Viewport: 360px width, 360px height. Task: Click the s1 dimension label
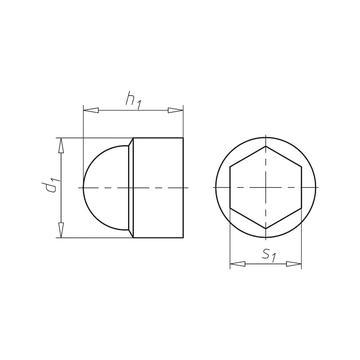268,255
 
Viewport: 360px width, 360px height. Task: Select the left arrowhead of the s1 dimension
237,264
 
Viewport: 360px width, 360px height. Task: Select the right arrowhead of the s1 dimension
294,264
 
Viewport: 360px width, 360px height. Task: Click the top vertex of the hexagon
265,146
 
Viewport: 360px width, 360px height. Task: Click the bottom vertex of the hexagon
265,229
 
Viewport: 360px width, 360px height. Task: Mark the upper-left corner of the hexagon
230,167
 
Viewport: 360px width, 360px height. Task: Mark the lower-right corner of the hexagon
301,208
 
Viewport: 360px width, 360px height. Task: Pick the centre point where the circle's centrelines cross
265,187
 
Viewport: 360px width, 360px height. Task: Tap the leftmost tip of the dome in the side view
84,187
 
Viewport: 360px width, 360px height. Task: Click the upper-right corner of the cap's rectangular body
183,138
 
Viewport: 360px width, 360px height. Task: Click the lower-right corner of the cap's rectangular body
183,238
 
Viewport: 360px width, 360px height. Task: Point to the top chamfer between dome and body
131,142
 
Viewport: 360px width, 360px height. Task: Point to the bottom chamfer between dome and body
131,234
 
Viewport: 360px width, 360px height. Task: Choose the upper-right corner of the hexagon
301,167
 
